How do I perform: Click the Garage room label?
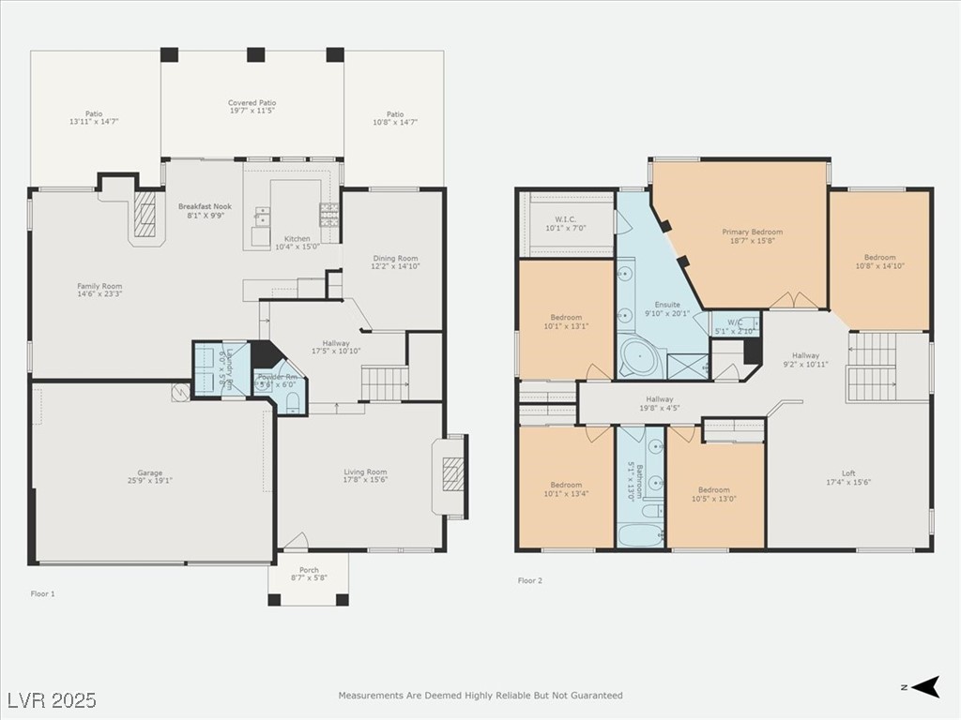[x=150, y=472]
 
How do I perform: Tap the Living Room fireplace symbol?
[x=453, y=473]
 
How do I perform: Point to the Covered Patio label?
[x=252, y=103]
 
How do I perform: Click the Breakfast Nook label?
[x=205, y=206]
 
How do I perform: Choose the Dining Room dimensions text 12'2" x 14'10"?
[x=395, y=266]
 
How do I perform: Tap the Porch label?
[x=309, y=570]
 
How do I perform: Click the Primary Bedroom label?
[x=752, y=232]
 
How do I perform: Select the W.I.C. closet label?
[x=565, y=219]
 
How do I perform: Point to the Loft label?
[x=848, y=473]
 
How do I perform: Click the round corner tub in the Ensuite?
[x=640, y=358]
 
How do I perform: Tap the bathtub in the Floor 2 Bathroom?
[x=640, y=535]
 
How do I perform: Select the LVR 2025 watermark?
[x=52, y=700]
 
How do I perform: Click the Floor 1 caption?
[x=43, y=593]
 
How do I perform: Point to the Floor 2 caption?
[x=530, y=580]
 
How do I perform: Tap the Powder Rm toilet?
[x=292, y=401]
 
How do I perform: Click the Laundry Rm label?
[x=226, y=367]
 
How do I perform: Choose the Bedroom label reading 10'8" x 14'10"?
[x=879, y=257]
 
